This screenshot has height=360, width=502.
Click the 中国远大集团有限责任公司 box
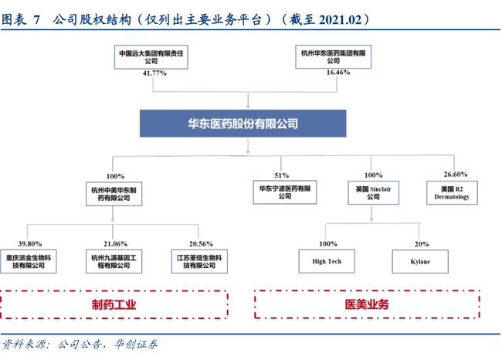point(151,57)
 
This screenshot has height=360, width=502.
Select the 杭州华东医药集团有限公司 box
point(334,56)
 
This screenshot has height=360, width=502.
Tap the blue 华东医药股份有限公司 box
point(243,124)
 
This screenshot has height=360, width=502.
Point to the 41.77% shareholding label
point(154,73)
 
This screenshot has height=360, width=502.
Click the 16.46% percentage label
point(338,73)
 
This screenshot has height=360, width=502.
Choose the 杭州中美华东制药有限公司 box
point(114,194)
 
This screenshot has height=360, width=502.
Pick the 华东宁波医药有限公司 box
point(285,192)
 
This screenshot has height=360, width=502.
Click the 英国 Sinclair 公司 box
point(373,193)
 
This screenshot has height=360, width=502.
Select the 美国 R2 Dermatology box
point(452,193)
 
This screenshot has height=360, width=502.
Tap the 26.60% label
point(455,175)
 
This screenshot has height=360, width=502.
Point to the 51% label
point(281,175)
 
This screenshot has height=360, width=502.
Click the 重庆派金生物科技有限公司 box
point(29,262)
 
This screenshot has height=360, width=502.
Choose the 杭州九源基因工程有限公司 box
point(114,262)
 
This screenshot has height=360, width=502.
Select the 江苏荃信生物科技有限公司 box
point(199,262)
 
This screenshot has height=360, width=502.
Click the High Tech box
point(327,261)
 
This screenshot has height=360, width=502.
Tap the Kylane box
point(420,262)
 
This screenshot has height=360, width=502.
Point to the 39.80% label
point(30,244)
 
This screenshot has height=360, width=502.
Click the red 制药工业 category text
point(114,304)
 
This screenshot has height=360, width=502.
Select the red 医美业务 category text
point(367,304)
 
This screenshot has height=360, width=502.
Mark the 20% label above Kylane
point(422,244)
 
